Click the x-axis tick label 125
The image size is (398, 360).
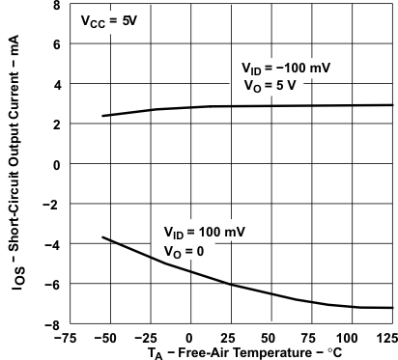386,339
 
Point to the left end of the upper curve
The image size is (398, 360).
102,116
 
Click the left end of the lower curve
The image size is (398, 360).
102,237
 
